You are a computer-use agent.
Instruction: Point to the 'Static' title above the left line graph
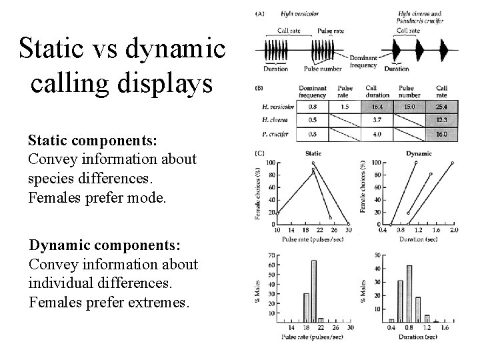[312, 153]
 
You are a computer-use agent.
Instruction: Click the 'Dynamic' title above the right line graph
[419, 153]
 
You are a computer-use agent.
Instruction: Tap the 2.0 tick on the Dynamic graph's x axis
[455, 230]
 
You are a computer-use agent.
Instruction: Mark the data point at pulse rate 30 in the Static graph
[349, 223]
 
